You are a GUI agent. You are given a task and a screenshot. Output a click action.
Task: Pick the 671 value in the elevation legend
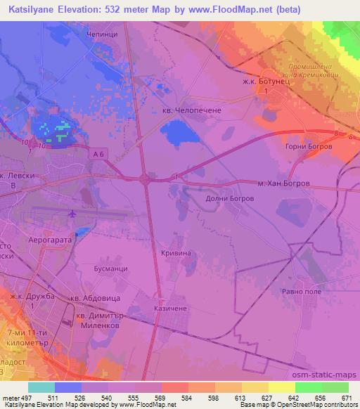[x=345, y=398]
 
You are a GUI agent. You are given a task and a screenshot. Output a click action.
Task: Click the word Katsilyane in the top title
[x=33, y=8]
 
